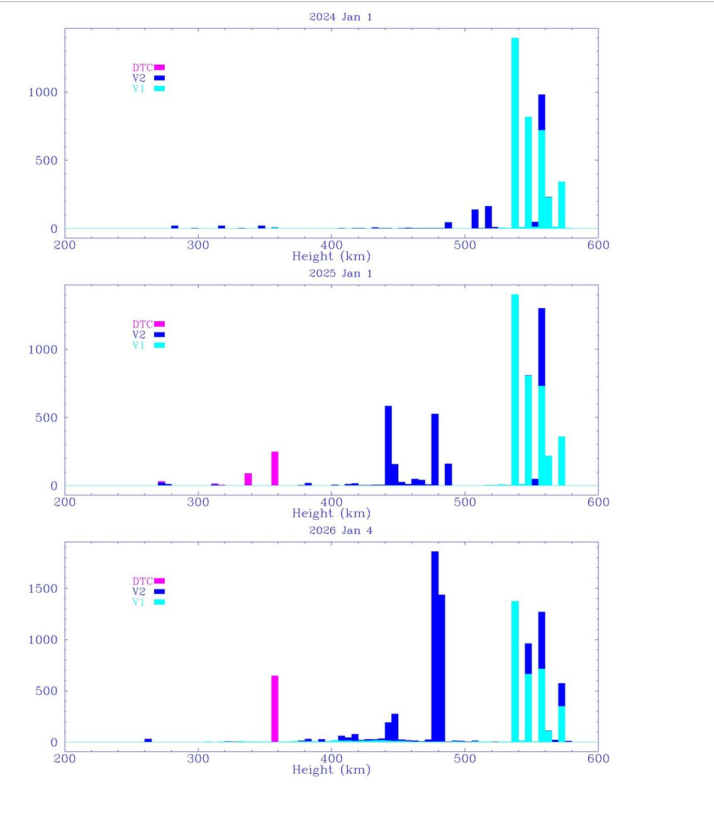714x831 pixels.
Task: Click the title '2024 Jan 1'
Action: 340,17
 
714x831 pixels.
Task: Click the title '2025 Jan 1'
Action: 340,273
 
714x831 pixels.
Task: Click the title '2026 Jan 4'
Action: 340,531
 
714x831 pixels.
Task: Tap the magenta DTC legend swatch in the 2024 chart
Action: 159,67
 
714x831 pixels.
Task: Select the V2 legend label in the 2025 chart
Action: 139,335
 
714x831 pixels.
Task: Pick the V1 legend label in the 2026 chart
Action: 138,602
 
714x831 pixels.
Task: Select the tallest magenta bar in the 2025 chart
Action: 275,468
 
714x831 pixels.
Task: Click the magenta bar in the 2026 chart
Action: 275,708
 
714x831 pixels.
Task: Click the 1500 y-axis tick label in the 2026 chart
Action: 43,588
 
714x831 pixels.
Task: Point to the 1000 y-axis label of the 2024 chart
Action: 43,92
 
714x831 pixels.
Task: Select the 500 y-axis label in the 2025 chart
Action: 47,417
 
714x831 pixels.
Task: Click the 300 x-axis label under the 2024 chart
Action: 198,245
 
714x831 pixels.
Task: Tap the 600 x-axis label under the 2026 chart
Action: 598,759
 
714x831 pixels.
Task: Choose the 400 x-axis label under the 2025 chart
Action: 332,502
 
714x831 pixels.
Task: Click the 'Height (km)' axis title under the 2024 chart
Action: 332,256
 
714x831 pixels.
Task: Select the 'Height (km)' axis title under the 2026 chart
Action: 332,770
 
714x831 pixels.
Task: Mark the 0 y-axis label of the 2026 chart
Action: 54,742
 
